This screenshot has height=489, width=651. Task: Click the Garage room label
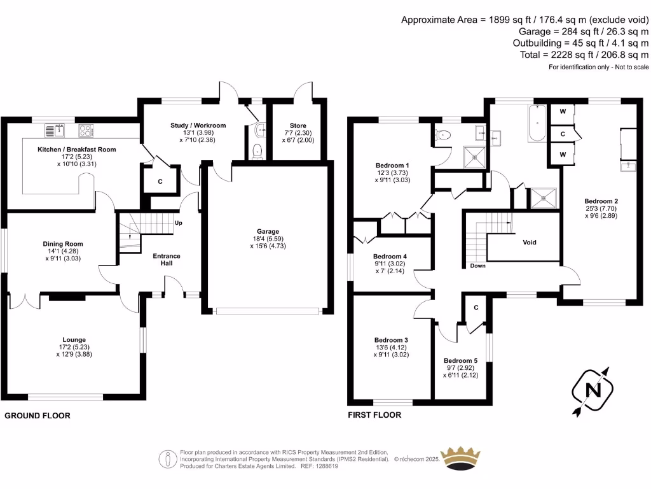pyautogui.click(x=268, y=232)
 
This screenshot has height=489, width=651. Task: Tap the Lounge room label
pyautogui.click(x=74, y=340)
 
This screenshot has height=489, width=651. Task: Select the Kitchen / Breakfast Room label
pyautogui.click(x=76, y=150)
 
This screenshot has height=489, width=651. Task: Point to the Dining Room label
pyautogui.click(x=63, y=244)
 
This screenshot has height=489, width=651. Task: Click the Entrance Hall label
pyautogui.click(x=167, y=260)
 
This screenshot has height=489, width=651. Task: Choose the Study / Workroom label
pyautogui.click(x=198, y=125)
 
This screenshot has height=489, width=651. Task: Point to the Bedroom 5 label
pyautogui.click(x=460, y=360)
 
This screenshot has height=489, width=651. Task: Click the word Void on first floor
pyautogui.click(x=530, y=243)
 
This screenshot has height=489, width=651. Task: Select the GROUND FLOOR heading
pyautogui.click(x=38, y=416)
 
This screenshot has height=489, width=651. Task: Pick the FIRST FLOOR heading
pyautogui.click(x=374, y=415)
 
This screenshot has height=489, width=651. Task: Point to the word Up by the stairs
pyautogui.click(x=178, y=223)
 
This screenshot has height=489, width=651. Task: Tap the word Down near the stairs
pyautogui.click(x=477, y=266)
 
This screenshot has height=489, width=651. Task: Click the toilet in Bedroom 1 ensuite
pyautogui.click(x=443, y=134)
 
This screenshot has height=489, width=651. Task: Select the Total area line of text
pyautogui.click(x=584, y=55)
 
